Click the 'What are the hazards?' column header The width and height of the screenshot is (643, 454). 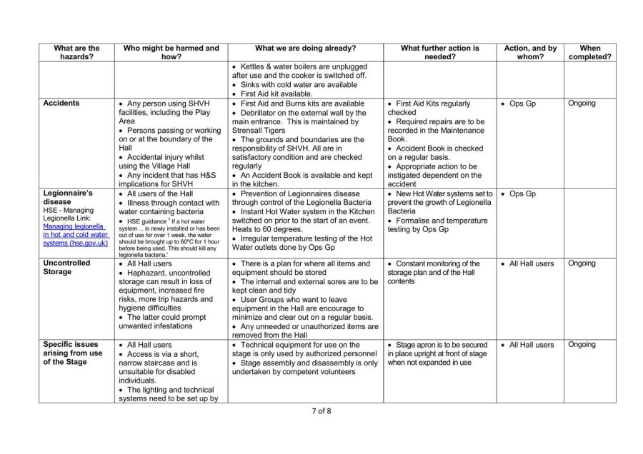coord(77,53)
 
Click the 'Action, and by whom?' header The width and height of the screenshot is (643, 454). coord(529,53)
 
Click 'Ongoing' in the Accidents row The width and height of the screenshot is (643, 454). coord(582,104)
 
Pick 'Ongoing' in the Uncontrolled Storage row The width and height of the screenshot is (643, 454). coord(582,263)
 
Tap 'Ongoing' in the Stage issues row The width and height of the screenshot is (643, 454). coord(582,345)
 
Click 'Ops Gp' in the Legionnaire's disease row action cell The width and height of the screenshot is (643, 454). coord(525,193)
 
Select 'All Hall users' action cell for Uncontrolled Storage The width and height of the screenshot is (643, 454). coord(531,263)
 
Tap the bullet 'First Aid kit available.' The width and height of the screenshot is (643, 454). coord(276,94)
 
